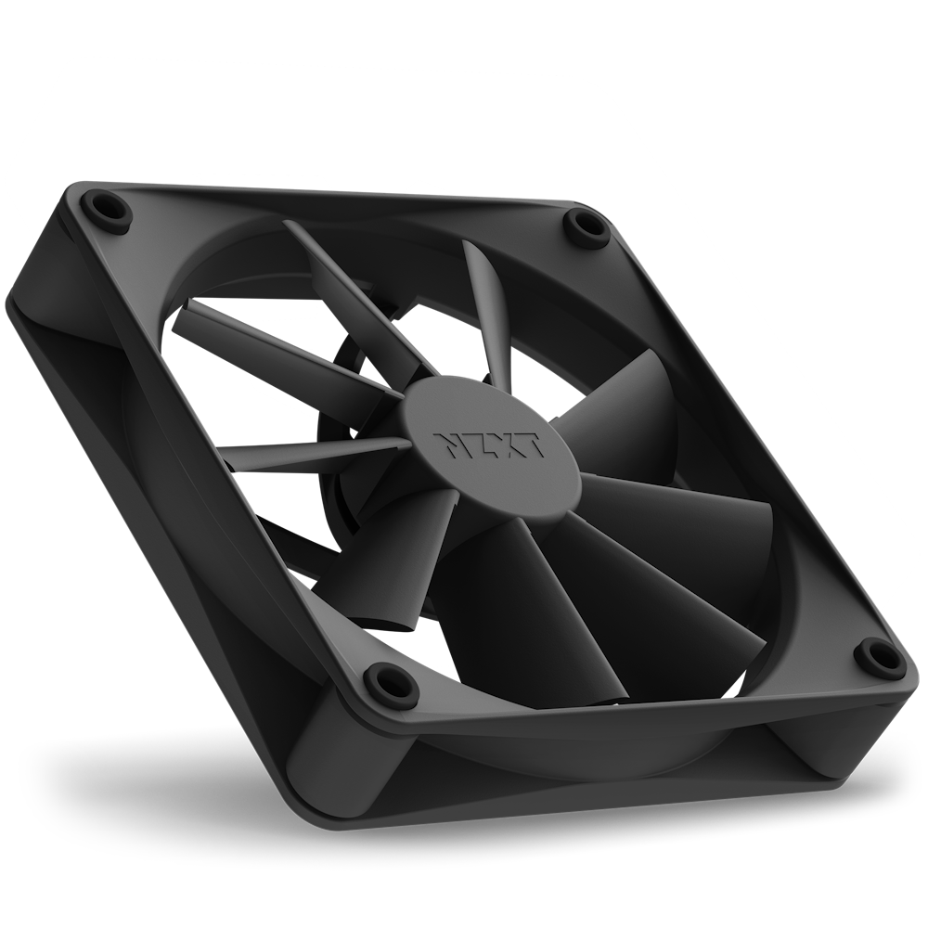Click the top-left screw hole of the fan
(x=107, y=207)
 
